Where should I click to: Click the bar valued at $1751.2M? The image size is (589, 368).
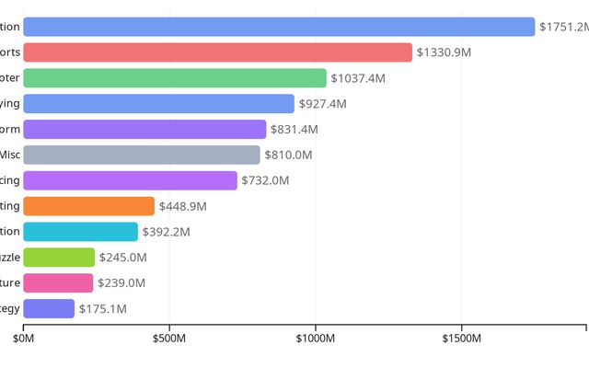point(279,27)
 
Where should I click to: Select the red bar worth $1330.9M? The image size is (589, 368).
point(217,52)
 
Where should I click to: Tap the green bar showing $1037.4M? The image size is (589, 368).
point(175,78)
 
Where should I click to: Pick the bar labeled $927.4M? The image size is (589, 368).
point(158,104)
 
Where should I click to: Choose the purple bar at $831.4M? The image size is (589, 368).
point(144,130)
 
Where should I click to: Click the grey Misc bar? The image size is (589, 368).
point(142,155)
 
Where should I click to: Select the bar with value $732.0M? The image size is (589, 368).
point(130,180)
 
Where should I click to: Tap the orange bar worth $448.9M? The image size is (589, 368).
point(88,206)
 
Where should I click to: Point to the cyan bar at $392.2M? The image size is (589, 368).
point(80,232)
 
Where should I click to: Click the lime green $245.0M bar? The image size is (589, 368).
point(59,258)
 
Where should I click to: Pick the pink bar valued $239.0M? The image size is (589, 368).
point(58,282)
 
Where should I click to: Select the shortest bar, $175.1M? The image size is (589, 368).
point(49,308)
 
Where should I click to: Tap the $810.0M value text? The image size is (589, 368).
point(288,155)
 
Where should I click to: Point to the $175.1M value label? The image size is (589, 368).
point(102,308)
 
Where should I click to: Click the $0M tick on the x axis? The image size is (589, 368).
point(23,339)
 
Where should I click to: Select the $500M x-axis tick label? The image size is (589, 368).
point(169,339)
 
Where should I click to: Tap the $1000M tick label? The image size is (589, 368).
point(316,339)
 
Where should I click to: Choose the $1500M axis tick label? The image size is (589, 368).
point(462,339)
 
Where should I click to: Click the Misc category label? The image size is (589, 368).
point(10,155)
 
